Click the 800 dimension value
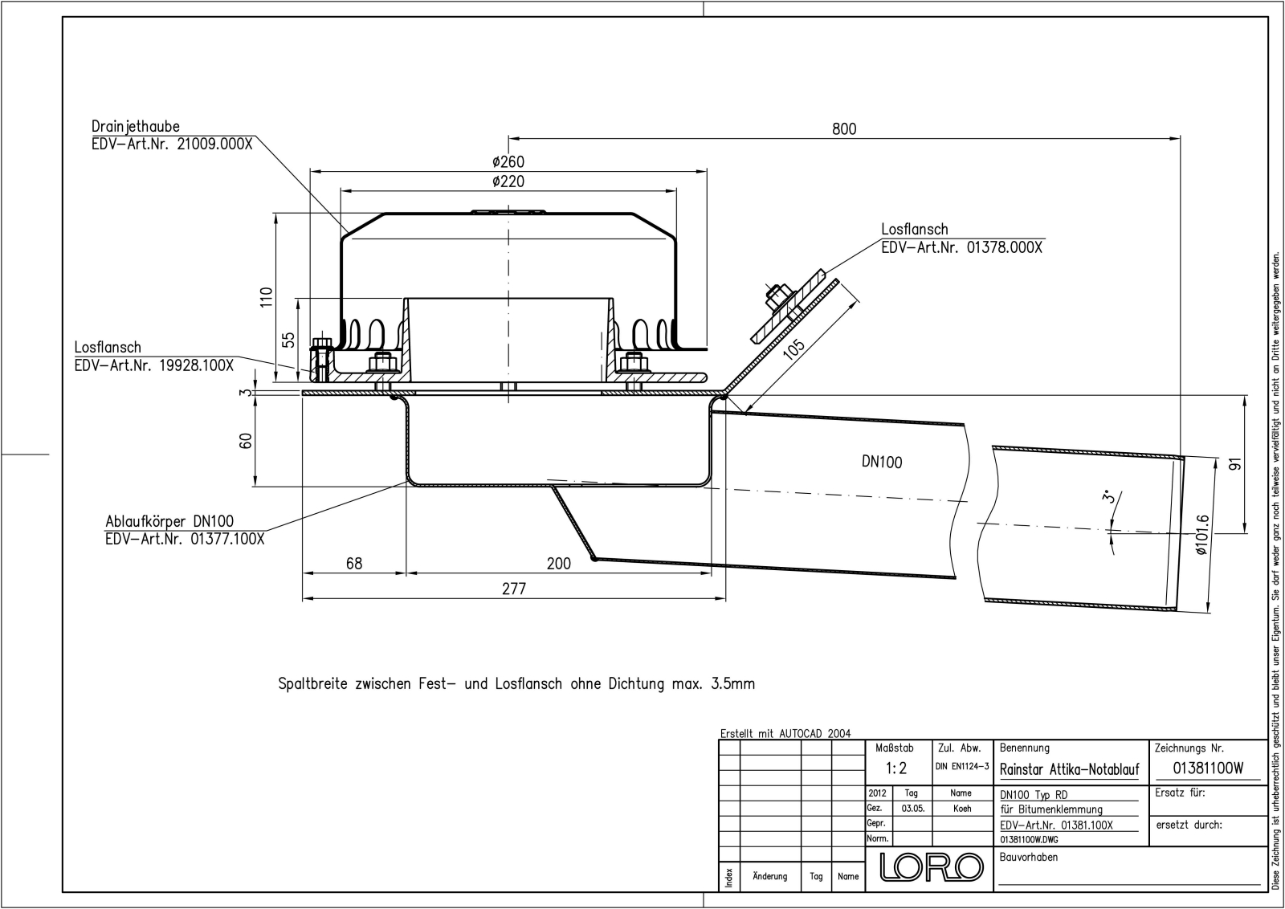click(844, 129)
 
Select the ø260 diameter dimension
click(508, 161)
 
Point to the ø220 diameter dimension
click(508, 181)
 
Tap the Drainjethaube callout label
click(136, 126)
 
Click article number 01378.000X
click(1005, 248)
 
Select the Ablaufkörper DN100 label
click(169, 521)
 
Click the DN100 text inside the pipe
click(882, 462)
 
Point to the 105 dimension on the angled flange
click(794, 350)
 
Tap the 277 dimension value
click(513, 589)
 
